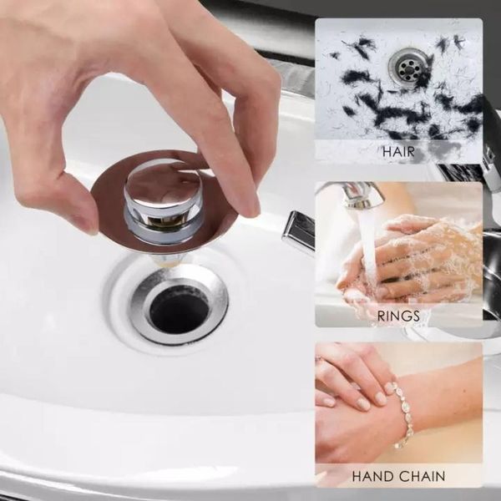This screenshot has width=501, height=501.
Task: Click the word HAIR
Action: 398,152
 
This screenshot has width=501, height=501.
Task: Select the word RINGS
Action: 398,316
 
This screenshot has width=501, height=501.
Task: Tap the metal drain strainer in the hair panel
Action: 409,67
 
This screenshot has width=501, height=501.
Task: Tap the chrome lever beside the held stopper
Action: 298,230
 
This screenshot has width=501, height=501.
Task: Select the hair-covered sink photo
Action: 398,79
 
